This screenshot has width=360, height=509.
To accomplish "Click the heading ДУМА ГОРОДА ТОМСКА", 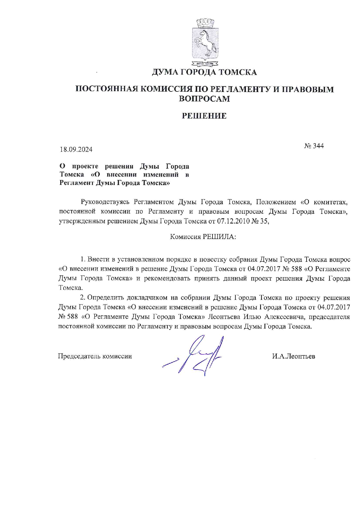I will tap(204, 72).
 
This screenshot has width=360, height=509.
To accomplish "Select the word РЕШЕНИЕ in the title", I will tap(204, 116).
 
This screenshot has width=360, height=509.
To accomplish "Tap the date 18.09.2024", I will tap(76, 150).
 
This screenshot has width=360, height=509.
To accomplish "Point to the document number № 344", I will tap(314, 146).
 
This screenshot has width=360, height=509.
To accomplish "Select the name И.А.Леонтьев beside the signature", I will tap(294, 356).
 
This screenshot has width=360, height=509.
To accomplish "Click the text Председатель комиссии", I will tap(95, 356).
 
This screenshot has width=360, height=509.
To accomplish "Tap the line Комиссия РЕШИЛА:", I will tap(203, 237).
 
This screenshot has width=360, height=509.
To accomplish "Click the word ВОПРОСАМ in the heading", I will tap(204, 99).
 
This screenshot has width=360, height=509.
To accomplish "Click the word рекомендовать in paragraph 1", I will tap(167, 278).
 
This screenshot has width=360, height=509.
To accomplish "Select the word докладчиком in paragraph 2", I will tap(147, 298).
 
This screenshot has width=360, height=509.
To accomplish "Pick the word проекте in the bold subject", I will tap(85, 166).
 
